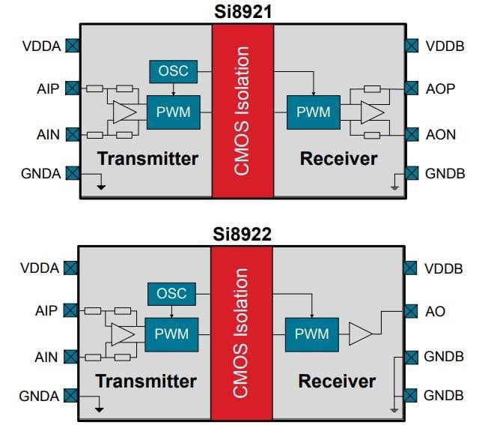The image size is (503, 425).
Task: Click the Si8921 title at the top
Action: point(242,10)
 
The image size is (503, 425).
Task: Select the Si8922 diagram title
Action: point(242,234)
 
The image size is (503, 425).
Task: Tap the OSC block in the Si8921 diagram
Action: point(174,71)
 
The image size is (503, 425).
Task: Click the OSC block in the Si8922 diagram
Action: point(172,293)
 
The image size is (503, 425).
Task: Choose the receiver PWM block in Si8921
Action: point(313,112)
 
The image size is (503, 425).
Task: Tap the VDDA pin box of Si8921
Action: point(72,46)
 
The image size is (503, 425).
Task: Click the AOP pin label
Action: point(440,89)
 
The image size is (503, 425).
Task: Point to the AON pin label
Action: point(441,135)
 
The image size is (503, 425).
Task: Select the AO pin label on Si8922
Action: point(436,311)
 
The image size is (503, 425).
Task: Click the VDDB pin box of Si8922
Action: point(411,268)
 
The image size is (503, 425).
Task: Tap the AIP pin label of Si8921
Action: point(47,89)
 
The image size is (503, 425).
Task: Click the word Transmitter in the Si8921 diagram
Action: point(147,158)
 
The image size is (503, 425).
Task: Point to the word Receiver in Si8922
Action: point(337,381)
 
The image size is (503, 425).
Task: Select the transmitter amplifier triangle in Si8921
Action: point(124,112)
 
